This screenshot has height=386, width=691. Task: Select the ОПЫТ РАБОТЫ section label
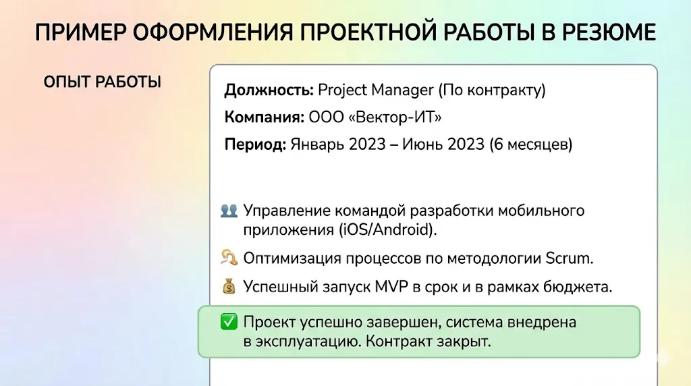click(x=102, y=82)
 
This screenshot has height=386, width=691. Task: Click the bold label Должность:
click(x=269, y=90)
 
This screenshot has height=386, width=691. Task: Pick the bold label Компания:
click(x=264, y=117)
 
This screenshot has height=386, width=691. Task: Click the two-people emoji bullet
click(x=229, y=211)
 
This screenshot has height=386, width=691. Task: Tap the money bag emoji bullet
click(x=229, y=287)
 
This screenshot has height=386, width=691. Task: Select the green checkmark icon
click(x=229, y=323)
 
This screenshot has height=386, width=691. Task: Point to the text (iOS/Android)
click(x=388, y=229)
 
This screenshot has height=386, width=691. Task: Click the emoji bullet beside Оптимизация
click(x=229, y=258)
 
